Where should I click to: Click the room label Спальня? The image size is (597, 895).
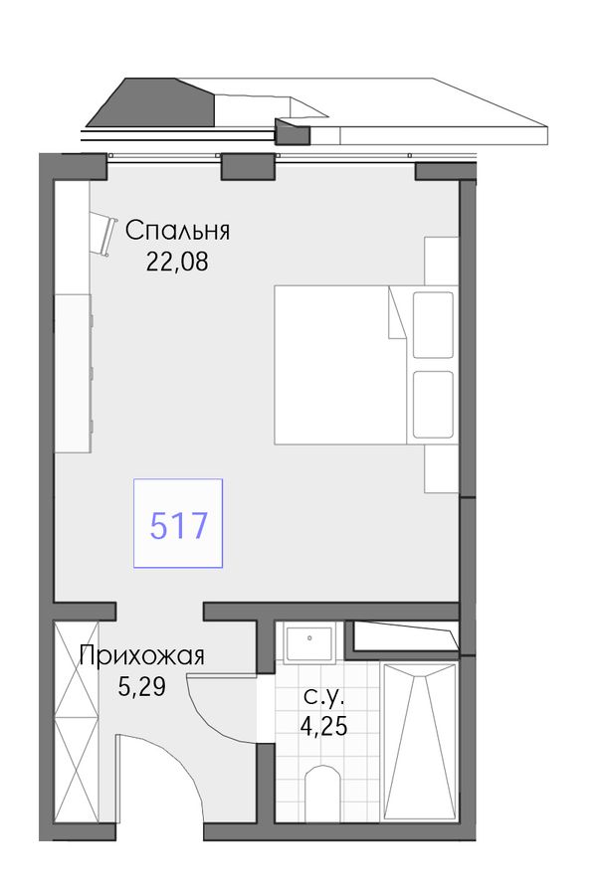point(177,231)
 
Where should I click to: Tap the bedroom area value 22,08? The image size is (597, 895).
point(177,262)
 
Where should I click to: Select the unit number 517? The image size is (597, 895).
point(178,526)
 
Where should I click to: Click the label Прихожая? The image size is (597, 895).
point(141,656)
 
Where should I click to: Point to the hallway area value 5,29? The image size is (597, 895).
point(141,687)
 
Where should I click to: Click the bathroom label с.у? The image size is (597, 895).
point(324,696)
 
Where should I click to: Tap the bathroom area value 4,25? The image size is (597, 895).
point(324,726)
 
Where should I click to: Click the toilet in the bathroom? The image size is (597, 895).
point(322,793)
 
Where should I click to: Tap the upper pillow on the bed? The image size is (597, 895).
point(433,325)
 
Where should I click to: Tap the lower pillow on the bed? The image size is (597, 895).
point(433,405)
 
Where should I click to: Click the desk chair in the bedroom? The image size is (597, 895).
point(102,234)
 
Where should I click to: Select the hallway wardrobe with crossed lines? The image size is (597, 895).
point(78,722)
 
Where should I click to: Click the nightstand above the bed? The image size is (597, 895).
point(442,261)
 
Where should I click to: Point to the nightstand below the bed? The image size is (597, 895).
point(442,468)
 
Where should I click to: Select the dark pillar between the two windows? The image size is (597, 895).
point(246,166)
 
